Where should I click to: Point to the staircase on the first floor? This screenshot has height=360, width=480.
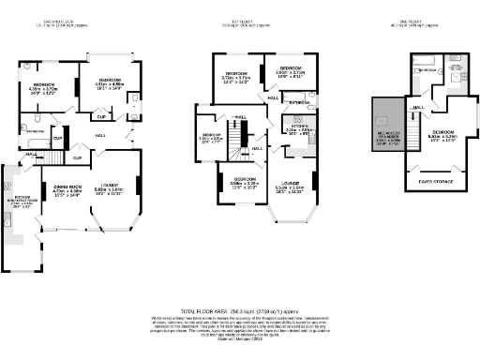(x=255, y=150)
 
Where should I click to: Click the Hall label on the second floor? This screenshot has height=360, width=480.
(x=418, y=108)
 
